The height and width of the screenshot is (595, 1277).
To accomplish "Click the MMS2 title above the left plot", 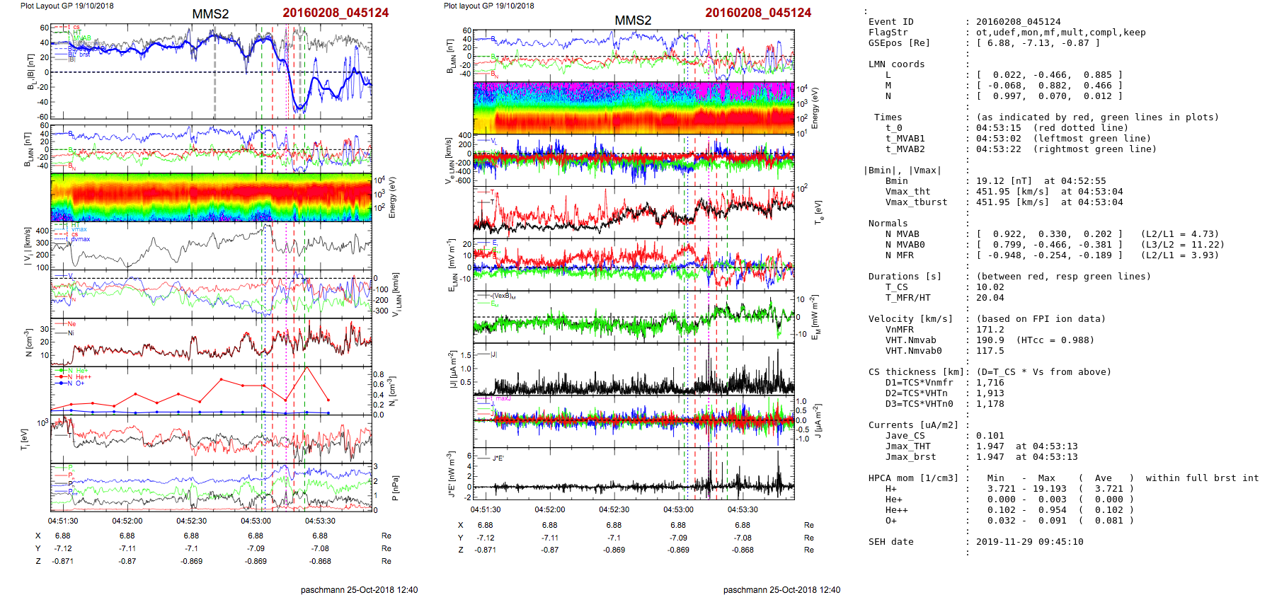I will click(x=210, y=14).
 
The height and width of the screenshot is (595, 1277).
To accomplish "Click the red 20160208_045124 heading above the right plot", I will click(x=758, y=13).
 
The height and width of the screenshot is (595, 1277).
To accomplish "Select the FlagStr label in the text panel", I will click(x=888, y=33).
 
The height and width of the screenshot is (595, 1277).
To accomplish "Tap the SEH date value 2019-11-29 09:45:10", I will click(x=1029, y=542).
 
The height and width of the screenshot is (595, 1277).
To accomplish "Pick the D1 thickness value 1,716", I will click(x=990, y=383).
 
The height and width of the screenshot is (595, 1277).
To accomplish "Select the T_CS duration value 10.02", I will click(x=990, y=287).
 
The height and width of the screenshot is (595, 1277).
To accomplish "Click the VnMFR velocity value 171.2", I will click(x=990, y=330).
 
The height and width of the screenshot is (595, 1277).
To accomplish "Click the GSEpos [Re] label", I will click(x=899, y=43).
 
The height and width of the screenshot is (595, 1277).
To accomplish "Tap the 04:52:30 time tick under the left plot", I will click(x=191, y=521).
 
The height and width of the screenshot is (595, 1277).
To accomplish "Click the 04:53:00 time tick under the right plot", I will click(x=678, y=509).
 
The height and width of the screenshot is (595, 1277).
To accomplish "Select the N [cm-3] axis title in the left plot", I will click(x=29, y=342).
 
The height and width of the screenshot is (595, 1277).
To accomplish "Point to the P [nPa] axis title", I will click(x=394, y=487).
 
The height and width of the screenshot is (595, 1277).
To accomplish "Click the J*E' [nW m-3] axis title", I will click(x=451, y=474).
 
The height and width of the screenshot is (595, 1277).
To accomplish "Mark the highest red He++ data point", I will click(x=306, y=367).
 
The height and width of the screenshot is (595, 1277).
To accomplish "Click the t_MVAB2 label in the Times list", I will click(x=905, y=149).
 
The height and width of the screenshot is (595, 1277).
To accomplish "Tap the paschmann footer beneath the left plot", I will click(x=359, y=590).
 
